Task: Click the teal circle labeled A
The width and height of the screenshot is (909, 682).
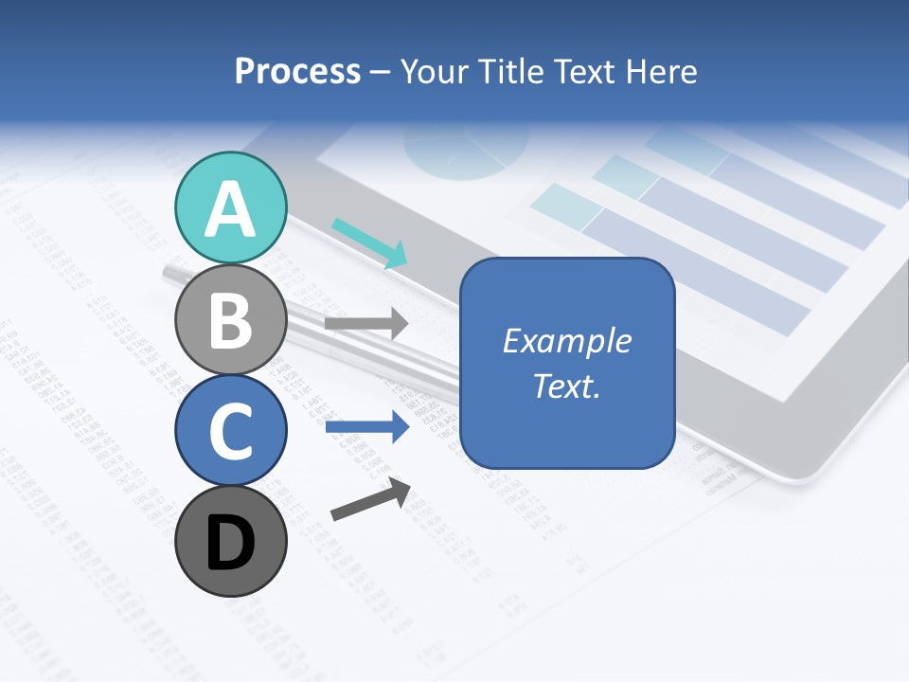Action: (x=230, y=207)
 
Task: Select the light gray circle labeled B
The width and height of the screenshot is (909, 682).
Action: (x=230, y=319)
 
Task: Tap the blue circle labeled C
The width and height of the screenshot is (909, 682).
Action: (x=230, y=430)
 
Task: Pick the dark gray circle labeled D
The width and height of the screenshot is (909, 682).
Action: (x=230, y=541)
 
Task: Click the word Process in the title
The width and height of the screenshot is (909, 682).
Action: (x=297, y=72)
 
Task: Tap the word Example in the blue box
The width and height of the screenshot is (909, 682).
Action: (x=566, y=341)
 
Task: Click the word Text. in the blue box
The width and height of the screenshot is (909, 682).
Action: (x=566, y=386)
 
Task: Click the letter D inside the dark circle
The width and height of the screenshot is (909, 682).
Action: (x=230, y=544)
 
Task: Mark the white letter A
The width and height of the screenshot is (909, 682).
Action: (x=230, y=209)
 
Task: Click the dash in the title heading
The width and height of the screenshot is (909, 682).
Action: (x=381, y=73)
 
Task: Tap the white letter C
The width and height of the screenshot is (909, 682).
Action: (x=230, y=431)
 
